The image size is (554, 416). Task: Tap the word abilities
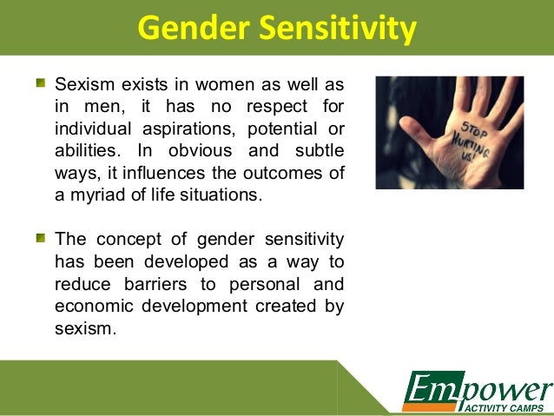click(86, 151)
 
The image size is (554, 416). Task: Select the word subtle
click(316, 151)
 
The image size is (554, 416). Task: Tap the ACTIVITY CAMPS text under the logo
click(504, 407)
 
